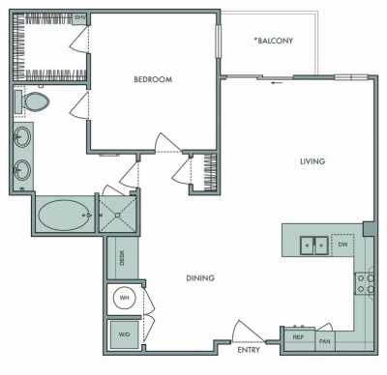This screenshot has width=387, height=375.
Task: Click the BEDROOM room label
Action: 152,80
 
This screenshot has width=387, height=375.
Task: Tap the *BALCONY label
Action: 273,41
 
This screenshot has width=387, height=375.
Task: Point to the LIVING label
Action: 312,161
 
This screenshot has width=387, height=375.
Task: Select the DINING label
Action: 200,279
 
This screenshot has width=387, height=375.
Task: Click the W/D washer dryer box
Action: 124,334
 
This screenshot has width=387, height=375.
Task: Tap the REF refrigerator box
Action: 299,338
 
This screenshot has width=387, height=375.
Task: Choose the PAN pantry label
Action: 325,340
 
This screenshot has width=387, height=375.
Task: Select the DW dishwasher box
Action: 342,245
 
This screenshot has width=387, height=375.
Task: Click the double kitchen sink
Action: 312,245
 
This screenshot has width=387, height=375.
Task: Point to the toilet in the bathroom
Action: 36,101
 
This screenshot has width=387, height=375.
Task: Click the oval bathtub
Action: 64,215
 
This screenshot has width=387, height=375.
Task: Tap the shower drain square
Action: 119,216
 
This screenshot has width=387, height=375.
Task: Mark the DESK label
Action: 123,257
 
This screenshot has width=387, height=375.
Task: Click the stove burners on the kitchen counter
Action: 368,283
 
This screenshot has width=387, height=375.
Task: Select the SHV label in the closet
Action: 80,18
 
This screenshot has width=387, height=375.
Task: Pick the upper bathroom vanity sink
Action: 22,137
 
